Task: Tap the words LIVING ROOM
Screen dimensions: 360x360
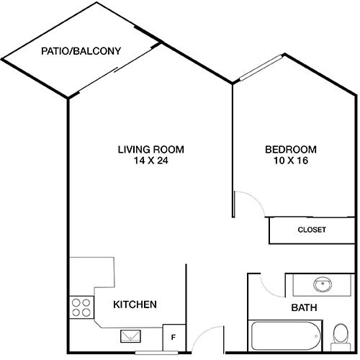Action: click(x=151, y=150)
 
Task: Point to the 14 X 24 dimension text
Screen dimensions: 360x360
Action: click(x=151, y=161)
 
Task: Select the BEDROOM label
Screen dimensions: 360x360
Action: click(x=291, y=150)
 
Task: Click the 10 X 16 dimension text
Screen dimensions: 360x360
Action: click(x=291, y=161)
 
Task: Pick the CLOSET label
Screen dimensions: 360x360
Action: click(x=312, y=230)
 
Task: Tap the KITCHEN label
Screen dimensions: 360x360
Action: click(x=135, y=305)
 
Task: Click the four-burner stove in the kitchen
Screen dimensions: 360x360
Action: click(x=81, y=308)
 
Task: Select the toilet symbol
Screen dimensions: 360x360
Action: click(x=341, y=335)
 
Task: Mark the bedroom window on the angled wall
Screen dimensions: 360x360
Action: click(x=261, y=66)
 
